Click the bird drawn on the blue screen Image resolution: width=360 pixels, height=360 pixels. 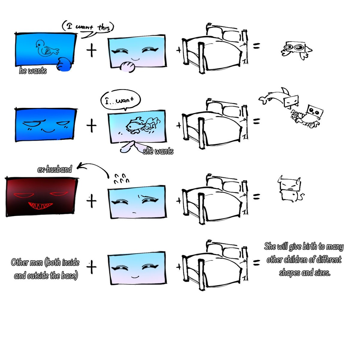point(47,48)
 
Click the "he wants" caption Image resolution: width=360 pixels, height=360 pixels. point(33,71)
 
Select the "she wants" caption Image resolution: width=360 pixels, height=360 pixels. point(158,151)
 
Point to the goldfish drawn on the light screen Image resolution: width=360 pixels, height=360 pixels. point(143,125)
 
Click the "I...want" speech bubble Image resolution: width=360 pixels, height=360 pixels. point(121,100)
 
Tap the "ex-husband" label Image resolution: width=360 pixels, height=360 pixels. point(55,169)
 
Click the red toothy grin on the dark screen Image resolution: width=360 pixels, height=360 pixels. point(40,205)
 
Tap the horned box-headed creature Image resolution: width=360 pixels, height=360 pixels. point(291,189)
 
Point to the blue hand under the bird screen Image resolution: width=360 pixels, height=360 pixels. point(64,64)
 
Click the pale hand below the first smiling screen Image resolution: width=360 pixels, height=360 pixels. point(127,67)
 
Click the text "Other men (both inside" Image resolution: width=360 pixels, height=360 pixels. point(45,262)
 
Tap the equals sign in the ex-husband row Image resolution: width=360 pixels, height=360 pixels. point(256,196)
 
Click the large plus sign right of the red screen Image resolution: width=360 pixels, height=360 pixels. point(91,201)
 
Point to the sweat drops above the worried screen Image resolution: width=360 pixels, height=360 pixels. point(121,178)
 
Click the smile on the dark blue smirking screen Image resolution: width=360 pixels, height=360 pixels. point(48,130)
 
